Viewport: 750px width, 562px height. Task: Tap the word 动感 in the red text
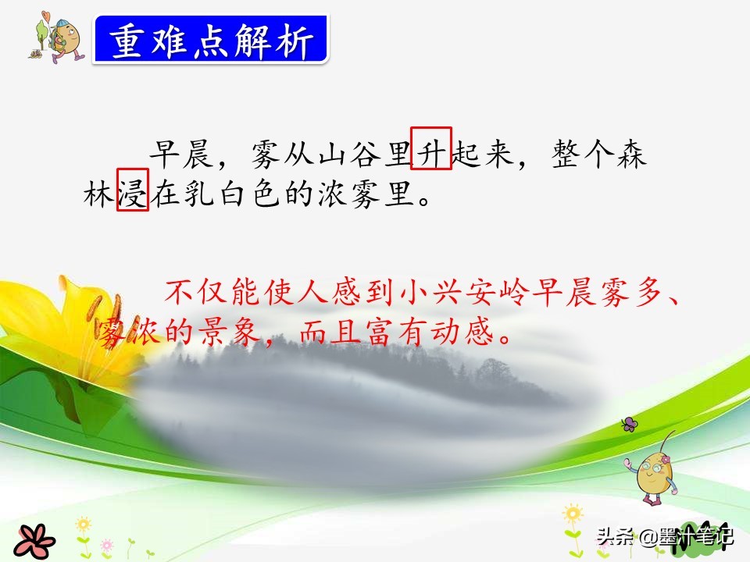click(462, 333)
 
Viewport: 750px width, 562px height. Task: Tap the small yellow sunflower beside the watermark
click(573, 517)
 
